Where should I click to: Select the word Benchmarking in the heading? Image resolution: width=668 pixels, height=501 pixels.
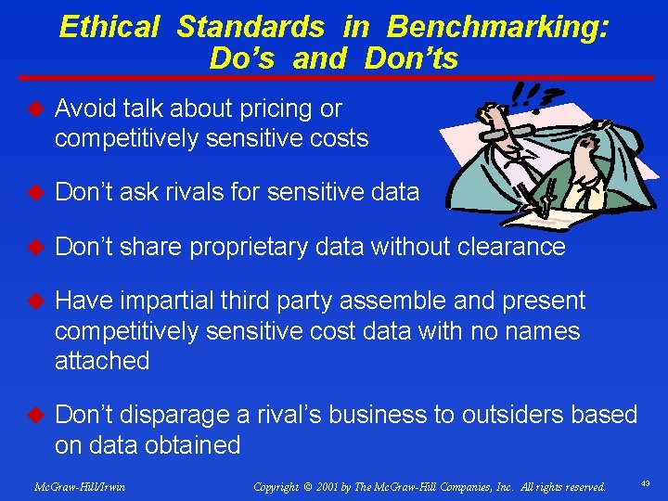click(x=498, y=27)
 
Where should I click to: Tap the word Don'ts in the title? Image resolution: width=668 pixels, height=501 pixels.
click(x=411, y=58)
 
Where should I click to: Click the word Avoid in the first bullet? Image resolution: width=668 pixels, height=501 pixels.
click(x=85, y=109)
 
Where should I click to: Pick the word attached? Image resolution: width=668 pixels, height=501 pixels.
click(x=102, y=360)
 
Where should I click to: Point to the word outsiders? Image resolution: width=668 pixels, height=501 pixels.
click(x=506, y=415)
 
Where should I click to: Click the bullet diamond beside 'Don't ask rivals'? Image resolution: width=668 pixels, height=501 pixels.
click(x=35, y=192)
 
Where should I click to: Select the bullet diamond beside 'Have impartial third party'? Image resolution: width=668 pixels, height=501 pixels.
click(x=35, y=301)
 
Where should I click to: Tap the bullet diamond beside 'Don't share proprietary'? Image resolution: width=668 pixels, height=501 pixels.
click(x=35, y=247)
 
